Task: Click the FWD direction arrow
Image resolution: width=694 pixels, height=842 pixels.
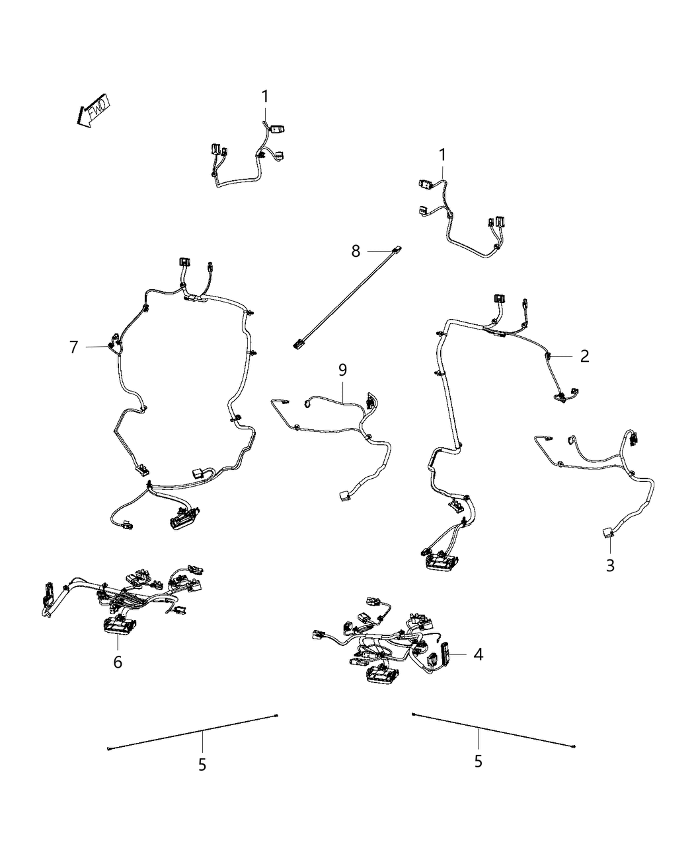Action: (x=92, y=111)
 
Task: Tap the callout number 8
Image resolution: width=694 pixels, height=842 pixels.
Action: (x=356, y=251)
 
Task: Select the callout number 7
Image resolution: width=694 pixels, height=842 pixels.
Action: (x=73, y=346)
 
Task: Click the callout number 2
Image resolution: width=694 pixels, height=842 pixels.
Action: (x=584, y=356)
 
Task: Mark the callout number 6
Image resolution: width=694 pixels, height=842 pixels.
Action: (x=118, y=661)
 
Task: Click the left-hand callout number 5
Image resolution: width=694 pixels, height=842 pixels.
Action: (x=202, y=764)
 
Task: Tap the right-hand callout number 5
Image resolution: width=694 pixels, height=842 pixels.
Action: (x=478, y=761)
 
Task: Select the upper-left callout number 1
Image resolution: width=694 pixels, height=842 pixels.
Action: (x=265, y=96)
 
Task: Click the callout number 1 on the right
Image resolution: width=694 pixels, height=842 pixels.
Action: (x=442, y=155)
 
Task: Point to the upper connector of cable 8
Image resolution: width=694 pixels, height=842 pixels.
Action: (x=398, y=250)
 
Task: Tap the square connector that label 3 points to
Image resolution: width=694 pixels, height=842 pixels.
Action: (x=607, y=532)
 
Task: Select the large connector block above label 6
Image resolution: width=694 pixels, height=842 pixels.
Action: (x=119, y=625)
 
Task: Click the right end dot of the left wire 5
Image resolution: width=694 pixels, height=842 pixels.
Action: (x=276, y=715)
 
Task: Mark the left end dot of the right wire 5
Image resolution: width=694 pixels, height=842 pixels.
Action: (x=413, y=714)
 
